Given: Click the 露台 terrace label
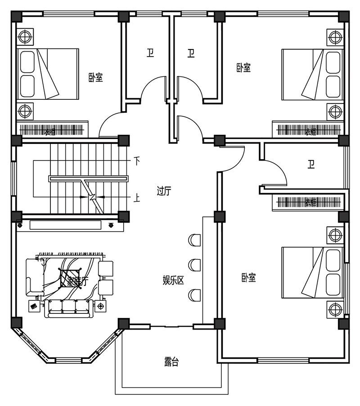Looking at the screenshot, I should point(171,362).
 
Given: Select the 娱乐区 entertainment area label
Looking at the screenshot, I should point(173,281).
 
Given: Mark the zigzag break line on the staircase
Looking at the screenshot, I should point(93,196).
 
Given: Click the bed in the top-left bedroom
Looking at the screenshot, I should point(48,74).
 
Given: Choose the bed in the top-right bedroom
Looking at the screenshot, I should point(311,74).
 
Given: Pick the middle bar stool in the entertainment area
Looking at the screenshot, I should point(195,264).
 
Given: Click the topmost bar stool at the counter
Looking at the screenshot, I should point(195,240).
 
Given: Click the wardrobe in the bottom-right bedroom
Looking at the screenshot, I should point(308,203).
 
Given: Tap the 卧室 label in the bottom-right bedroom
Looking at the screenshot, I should point(248,278).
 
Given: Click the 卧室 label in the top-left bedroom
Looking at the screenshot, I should point(95,78).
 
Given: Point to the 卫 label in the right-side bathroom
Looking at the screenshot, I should point(311,164).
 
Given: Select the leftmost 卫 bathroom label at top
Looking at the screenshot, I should point(150,54).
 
